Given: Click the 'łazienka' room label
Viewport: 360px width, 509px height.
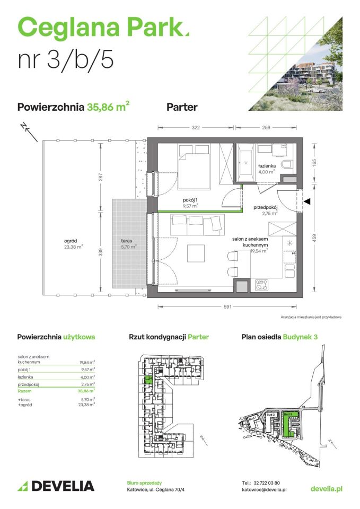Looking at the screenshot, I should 266,165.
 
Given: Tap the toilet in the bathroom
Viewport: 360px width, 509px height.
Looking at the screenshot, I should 287,165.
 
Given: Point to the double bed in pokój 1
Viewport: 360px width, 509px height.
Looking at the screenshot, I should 196,163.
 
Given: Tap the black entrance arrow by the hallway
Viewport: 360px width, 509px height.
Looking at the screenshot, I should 307,201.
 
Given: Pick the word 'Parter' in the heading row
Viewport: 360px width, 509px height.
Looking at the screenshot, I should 182,107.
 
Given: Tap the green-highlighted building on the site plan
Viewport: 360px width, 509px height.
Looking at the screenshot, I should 287,424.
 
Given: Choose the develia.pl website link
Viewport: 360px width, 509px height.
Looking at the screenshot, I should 326,488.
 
